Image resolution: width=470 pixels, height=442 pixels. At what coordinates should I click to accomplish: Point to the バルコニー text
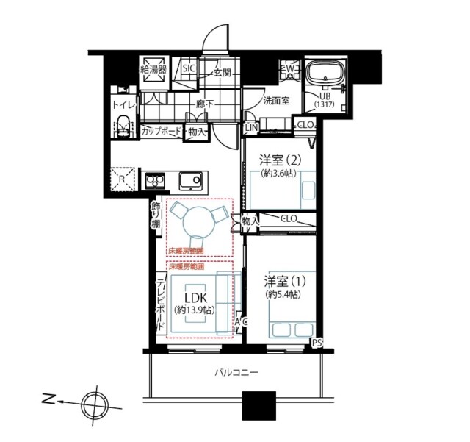click(236, 373)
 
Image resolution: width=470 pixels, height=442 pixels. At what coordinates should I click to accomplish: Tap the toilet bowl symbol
click(123, 126)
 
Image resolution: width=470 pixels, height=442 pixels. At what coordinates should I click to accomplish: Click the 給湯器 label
click(154, 70)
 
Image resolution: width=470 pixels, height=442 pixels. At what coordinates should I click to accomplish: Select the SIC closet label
click(189, 69)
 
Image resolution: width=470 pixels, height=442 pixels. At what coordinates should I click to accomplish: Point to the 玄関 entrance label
click(223, 72)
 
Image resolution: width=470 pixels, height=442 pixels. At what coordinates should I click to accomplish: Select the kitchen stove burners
click(156, 179)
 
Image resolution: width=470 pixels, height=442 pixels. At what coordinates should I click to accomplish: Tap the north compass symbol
click(93, 402)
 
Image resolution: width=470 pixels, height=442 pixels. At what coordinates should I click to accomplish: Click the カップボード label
click(161, 132)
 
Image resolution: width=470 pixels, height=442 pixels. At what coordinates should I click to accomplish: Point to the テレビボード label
click(159, 303)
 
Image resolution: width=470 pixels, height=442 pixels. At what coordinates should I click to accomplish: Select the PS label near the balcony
click(317, 343)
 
